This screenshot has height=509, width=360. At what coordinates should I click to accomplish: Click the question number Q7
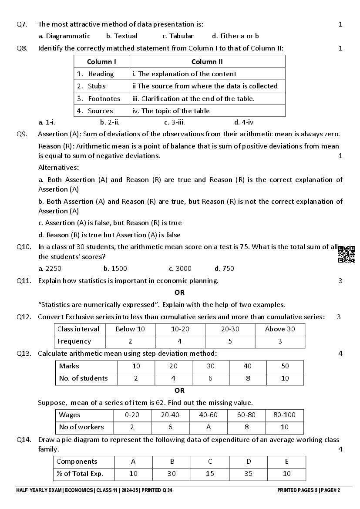click(x=22, y=24)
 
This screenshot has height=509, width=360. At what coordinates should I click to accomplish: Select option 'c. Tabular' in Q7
click(x=178, y=36)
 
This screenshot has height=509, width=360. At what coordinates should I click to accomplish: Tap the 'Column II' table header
click(x=207, y=62)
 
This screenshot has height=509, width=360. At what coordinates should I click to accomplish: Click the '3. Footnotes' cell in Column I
click(x=99, y=98)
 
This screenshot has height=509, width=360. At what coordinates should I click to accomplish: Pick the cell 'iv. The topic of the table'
click(x=171, y=111)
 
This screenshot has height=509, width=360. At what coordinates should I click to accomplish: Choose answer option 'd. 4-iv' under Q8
click(x=244, y=122)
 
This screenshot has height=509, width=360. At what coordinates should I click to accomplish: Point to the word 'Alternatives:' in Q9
click(x=59, y=168)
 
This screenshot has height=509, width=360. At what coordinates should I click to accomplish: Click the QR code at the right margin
click(x=346, y=254)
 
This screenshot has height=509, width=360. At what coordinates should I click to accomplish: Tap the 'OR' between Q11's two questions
click(x=179, y=293)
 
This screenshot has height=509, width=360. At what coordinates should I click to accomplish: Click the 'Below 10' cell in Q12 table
click(x=130, y=329)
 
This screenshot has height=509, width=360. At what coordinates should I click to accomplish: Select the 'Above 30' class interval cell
click(x=280, y=329)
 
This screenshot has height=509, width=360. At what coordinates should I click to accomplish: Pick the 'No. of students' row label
click(x=83, y=378)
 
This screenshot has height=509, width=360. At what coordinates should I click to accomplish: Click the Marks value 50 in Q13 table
click(x=285, y=366)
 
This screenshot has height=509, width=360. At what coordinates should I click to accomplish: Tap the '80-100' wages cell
click(x=285, y=415)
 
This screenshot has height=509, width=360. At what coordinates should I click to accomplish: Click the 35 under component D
click(x=248, y=474)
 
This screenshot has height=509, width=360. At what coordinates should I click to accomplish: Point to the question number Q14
click(x=24, y=440)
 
